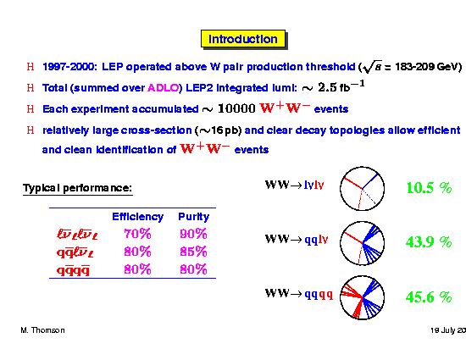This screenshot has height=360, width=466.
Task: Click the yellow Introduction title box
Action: [x=243, y=39]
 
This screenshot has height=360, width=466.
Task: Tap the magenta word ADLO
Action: [x=164, y=88]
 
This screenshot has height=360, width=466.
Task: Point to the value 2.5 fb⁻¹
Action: [x=341, y=86]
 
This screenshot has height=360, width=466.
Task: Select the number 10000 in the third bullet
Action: [x=236, y=108]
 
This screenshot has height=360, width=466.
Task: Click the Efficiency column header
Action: [x=137, y=217]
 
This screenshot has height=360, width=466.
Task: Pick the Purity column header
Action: [x=193, y=217]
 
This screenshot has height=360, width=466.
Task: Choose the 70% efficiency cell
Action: [x=137, y=234]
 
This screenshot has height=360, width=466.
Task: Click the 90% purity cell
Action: [x=193, y=234]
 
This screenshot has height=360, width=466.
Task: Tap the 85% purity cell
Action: [x=193, y=252]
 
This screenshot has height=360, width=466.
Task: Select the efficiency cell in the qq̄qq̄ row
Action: [x=137, y=269]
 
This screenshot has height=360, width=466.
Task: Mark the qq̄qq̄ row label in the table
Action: [x=73, y=270]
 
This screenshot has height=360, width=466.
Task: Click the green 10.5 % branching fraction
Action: [x=429, y=188]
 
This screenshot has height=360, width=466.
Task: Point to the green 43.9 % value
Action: [x=429, y=241]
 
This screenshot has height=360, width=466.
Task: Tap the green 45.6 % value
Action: [x=429, y=296]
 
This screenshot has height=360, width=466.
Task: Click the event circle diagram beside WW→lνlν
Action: [x=341, y=189]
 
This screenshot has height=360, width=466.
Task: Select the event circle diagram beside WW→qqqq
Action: [x=341, y=297]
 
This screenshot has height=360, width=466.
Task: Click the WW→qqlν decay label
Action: [x=297, y=239]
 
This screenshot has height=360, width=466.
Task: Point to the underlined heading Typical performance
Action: [x=78, y=188]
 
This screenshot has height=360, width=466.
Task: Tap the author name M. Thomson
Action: [x=43, y=330]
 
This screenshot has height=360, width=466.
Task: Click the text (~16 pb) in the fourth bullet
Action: [x=218, y=130]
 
